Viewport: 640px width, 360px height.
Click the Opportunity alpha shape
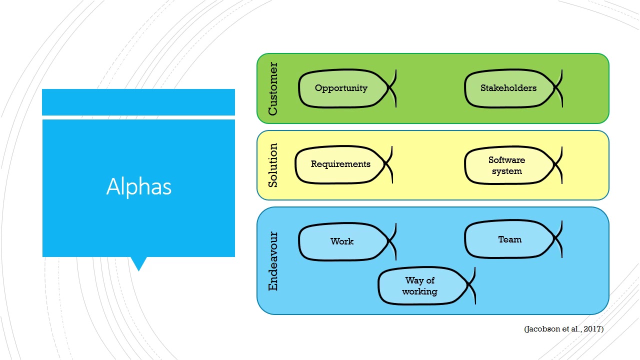[x=341, y=88]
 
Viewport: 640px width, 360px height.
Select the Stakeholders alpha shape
[x=508, y=88]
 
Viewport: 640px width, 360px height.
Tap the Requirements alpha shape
[x=340, y=164]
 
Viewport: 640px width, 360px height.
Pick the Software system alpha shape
[x=506, y=165]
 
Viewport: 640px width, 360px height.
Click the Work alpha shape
[x=342, y=241]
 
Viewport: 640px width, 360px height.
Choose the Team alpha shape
[x=509, y=240]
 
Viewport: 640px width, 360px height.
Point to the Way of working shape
[x=420, y=286]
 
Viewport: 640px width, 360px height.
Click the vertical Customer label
[x=272, y=88]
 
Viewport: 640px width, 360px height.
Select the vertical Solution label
[x=272, y=165]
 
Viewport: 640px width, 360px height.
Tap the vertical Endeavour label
[x=272, y=260]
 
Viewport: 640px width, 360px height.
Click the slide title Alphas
[x=138, y=187]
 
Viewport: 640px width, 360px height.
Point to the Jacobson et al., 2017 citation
[x=563, y=329]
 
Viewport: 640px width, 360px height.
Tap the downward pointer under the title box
[x=138, y=263]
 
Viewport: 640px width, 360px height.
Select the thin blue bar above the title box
[x=138, y=102]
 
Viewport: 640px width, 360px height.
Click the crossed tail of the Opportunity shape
[x=392, y=88]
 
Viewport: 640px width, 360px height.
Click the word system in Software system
[x=506, y=171]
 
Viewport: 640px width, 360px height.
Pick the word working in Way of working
[x=420, y=291]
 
